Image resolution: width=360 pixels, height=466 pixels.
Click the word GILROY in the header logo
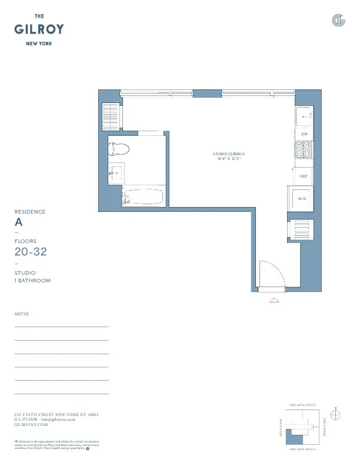(39, 29)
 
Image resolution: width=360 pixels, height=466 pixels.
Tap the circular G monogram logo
(338, 21)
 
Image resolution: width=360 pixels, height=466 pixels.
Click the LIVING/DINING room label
(229, 154)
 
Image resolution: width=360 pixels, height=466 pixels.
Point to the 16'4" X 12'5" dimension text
(229, 159)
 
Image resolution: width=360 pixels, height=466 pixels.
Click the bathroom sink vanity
(116, 172)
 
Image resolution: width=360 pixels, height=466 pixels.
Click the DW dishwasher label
(304, 134)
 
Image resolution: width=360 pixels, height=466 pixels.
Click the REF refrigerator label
(304, 176)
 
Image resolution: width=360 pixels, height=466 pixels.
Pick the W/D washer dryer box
(302, 199)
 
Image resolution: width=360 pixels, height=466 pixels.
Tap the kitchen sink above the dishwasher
(304, 116)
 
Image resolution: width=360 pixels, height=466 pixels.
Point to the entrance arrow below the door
(275, 300)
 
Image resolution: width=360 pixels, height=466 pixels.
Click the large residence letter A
(19, 223)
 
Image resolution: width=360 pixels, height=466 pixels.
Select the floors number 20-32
(31, 252)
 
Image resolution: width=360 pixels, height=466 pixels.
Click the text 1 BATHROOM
(32, 281)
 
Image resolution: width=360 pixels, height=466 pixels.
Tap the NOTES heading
(21, 314)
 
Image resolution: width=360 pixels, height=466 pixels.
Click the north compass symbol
(336, 415)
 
